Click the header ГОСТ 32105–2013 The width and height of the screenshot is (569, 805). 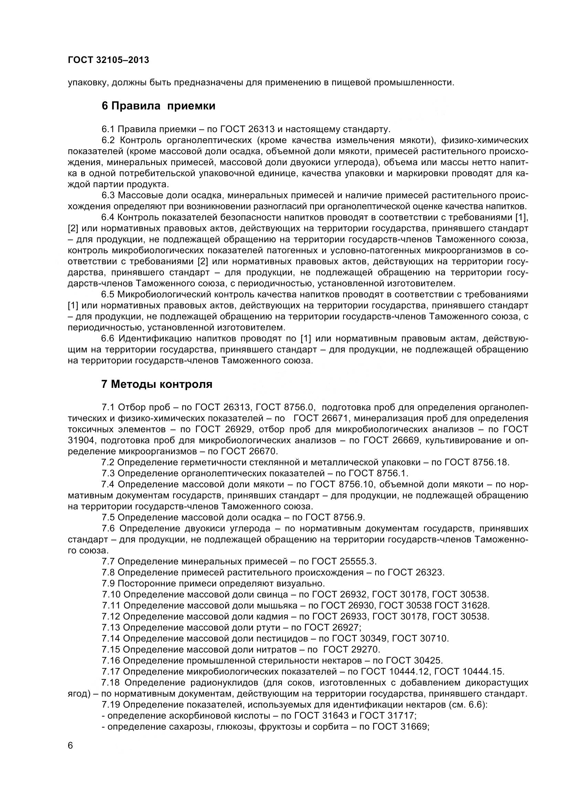tap(108, 60)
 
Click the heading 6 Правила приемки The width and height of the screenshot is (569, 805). tap(158, 106)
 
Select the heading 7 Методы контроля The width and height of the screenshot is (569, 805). tap(157, 384)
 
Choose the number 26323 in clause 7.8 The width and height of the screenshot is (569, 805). tap(430, 573)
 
